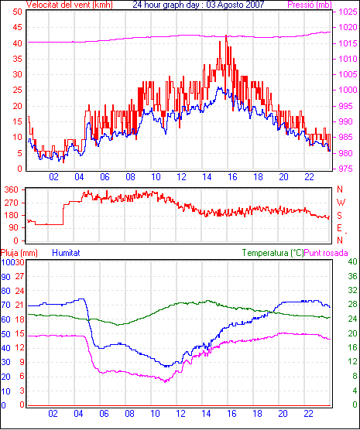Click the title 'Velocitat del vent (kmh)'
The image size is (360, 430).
point(69,5)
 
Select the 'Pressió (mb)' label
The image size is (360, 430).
point(310,5)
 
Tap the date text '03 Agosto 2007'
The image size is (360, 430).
point(235,4)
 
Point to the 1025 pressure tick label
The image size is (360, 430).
point(348,12)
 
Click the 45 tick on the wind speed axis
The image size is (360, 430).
point(17,27)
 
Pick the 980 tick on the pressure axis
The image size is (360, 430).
point(345,153)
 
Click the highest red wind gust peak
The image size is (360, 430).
point(226,36)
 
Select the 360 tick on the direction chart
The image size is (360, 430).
point(12,189)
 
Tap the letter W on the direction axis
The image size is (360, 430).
point(341,203)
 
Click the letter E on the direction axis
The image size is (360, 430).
point(339,228)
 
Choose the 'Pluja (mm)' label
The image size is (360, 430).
point(19,253)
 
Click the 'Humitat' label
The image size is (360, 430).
point(66,253)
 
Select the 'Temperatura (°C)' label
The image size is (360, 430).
point(273,253)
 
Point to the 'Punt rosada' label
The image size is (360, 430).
point(326,253)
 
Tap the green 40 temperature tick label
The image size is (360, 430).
point(352,261)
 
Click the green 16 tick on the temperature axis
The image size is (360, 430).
point(352,347)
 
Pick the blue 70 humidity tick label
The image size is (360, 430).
point(5,305)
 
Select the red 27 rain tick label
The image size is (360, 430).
point(19,276)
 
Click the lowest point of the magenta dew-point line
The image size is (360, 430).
point(165,381)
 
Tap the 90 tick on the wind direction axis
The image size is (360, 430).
point(14,228)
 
